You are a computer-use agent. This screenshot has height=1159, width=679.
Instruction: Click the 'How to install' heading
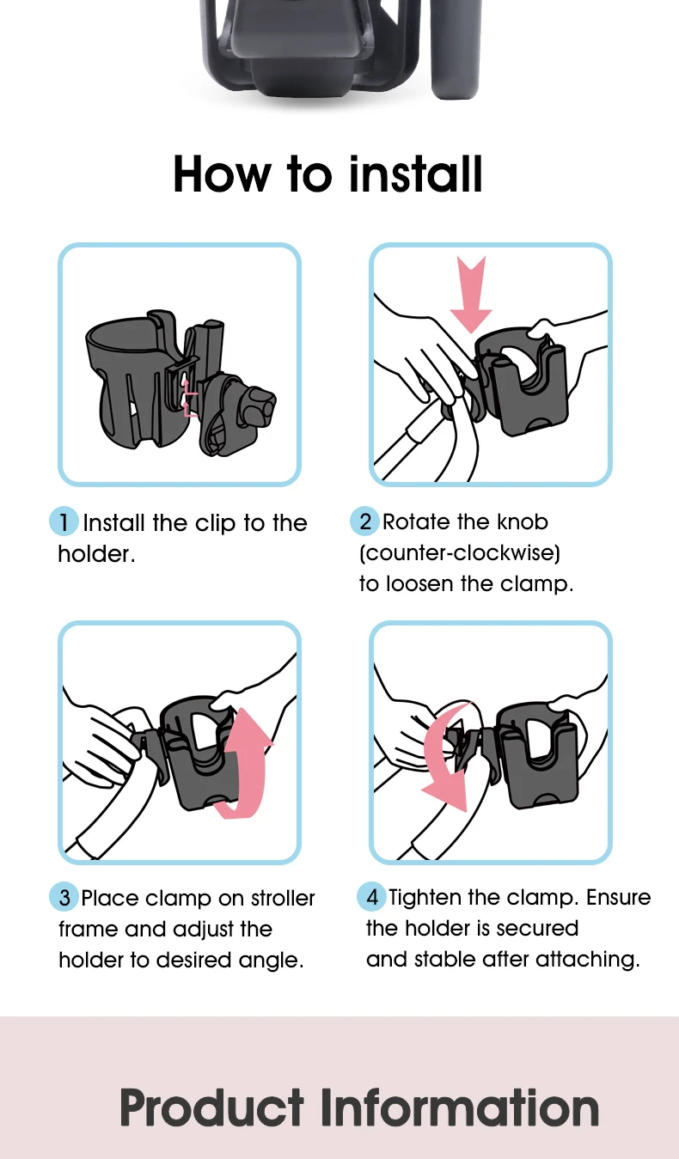(x=327, y=174)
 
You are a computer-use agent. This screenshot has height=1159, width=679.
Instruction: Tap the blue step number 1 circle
(x=64, y=522)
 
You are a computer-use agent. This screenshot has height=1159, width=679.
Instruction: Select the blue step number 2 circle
(x=364, y=521)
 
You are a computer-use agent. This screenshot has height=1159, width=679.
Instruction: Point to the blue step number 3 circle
(x=64, y=897)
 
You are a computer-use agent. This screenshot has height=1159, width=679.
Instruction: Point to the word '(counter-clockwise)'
(x=460, y=553)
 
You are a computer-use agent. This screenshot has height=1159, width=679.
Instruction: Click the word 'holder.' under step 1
(x=96, y=554)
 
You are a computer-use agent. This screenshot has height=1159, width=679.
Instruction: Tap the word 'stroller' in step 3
(x=283, y=898)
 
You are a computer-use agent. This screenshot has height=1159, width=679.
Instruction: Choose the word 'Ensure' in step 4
(x=619, y=897)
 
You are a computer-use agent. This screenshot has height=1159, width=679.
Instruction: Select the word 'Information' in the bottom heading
(x=460, y=1107)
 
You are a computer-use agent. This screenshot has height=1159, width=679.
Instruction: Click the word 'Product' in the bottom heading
(x=211, y=1107)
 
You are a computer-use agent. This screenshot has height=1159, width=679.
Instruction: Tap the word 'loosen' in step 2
(x=419, y=583)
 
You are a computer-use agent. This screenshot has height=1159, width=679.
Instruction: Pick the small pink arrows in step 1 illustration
(x=189, y=396)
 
